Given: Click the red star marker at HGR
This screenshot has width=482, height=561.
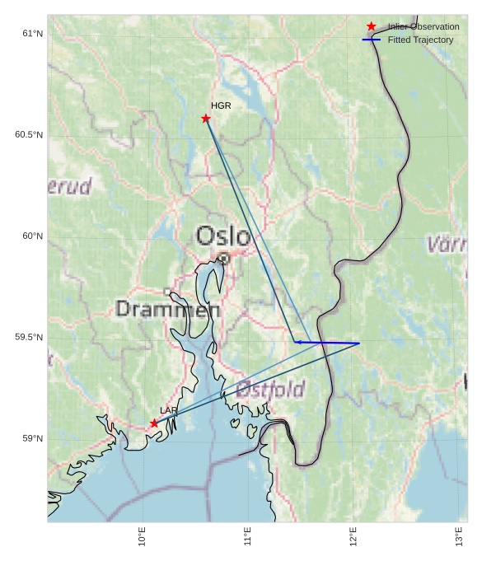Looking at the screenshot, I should (x=206, y=119).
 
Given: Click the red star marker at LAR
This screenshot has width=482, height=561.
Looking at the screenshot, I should (x=154, y=423).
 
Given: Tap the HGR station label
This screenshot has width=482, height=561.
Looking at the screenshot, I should (x=221, y=106).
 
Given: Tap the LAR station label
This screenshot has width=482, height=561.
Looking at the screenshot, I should (x=169, y=410).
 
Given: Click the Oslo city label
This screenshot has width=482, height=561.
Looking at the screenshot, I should (x=222, y=236).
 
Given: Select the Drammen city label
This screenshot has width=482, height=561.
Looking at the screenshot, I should (x=168, y=310).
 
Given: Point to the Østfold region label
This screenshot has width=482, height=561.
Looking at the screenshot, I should (x=270, y=390).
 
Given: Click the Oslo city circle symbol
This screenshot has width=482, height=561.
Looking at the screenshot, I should (x=223, y=258).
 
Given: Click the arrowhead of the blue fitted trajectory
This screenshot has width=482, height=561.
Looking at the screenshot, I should (x=297, y=342).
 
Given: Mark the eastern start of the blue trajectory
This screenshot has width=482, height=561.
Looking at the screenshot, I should (x=359, y=343).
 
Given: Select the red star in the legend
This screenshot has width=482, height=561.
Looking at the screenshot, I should (x=372, y=27).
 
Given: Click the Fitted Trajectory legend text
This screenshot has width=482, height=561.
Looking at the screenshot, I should (x=420, y=40).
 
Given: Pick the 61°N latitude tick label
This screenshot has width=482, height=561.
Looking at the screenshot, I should (x=32, y=34).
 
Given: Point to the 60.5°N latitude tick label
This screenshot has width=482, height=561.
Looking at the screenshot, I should (x=29, y=135).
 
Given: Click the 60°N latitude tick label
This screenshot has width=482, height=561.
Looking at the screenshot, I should (x=32, y=236).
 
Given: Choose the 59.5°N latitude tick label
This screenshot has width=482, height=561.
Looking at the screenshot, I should (x=29, y=338).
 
